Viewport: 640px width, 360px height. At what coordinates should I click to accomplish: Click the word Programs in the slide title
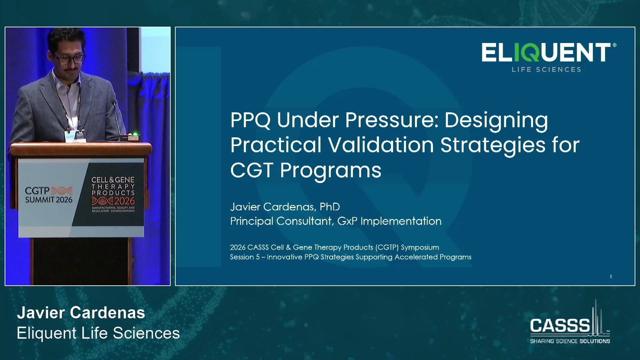331,171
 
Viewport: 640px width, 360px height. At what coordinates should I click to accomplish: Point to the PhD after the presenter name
330,207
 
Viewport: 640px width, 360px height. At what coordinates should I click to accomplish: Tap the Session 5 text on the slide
245,257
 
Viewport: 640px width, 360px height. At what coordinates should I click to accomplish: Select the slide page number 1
611,277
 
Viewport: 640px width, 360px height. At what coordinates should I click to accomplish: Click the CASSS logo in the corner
570,322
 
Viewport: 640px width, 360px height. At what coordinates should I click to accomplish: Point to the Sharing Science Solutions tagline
570,341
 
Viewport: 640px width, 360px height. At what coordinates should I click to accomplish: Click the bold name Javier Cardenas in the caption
81,313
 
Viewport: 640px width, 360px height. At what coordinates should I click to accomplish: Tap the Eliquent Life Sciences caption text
98,333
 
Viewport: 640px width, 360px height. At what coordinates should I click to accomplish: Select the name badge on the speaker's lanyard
75,135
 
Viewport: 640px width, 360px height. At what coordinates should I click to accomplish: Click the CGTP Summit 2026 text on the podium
49,195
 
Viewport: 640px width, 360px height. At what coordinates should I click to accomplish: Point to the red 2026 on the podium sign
124,201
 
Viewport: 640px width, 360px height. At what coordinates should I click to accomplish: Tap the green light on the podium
135,134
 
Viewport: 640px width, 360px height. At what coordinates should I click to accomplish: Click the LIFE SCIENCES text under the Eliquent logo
547,69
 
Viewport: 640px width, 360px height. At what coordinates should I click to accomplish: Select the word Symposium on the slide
420,247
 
